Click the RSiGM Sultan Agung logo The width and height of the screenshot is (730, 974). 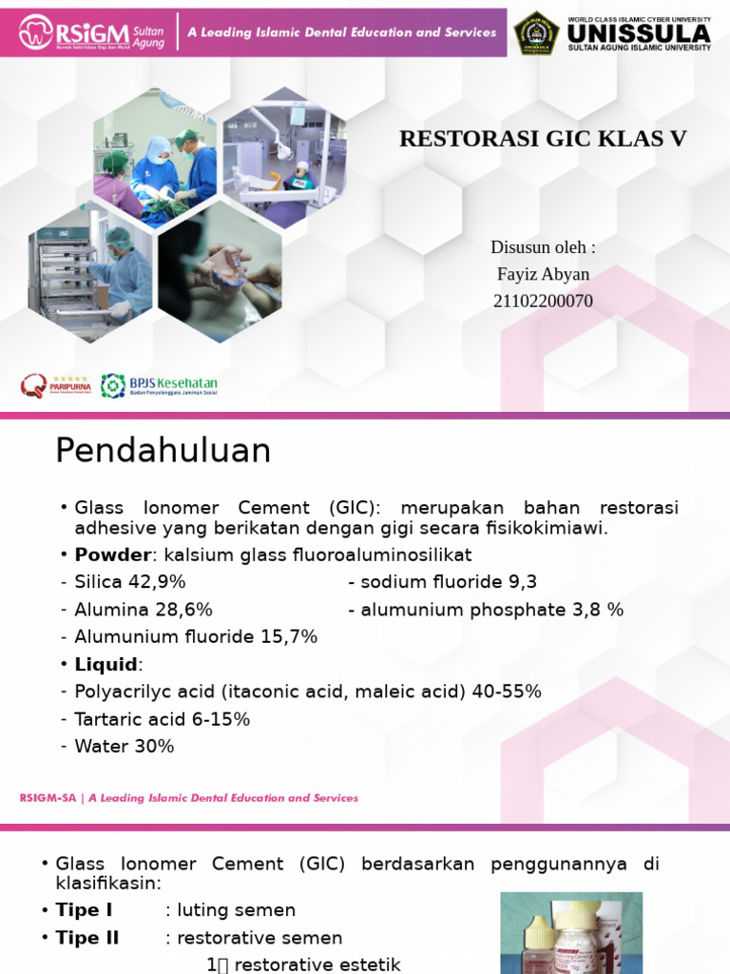pos(91,32)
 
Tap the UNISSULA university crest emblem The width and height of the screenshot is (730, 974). pos(536,33)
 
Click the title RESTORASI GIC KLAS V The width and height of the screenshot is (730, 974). pos(543,139)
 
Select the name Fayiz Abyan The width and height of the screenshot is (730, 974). pos(543,274)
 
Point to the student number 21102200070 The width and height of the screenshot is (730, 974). pos(543,301)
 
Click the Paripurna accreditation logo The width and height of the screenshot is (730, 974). pos(55,385)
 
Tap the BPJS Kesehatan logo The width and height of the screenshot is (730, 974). pos(160,385)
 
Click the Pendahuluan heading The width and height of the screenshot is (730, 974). pos(163,451)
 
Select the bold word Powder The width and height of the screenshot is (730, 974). pos(112,555)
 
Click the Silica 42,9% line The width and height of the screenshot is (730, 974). pos(130,582)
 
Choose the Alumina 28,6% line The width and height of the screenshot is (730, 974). pos(144,610)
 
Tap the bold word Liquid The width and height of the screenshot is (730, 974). pos(106,664)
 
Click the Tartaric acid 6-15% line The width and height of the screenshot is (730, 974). pos(162,719)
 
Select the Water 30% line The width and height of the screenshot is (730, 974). pos(125,747)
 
